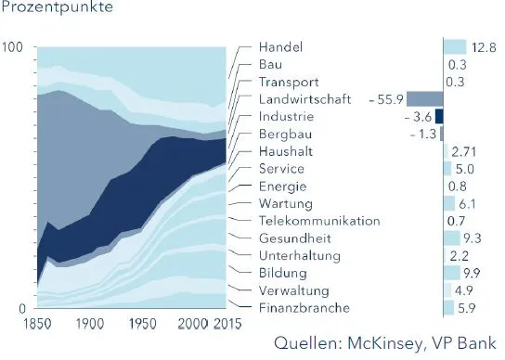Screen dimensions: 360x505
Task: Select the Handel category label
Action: (x=280, y=47)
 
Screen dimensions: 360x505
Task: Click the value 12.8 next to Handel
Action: (x=483, y=47)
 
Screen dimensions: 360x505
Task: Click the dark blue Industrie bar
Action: (x=440, y=117)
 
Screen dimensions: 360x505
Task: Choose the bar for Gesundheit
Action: (x=451, y=238)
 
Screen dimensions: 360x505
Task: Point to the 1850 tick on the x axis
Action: (x=19, y=324)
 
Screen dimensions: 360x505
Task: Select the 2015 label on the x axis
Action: (x=222, y=324)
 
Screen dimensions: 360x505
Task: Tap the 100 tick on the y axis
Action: (x=14, y=48)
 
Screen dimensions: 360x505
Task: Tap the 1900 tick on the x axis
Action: (x=89, y=324)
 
